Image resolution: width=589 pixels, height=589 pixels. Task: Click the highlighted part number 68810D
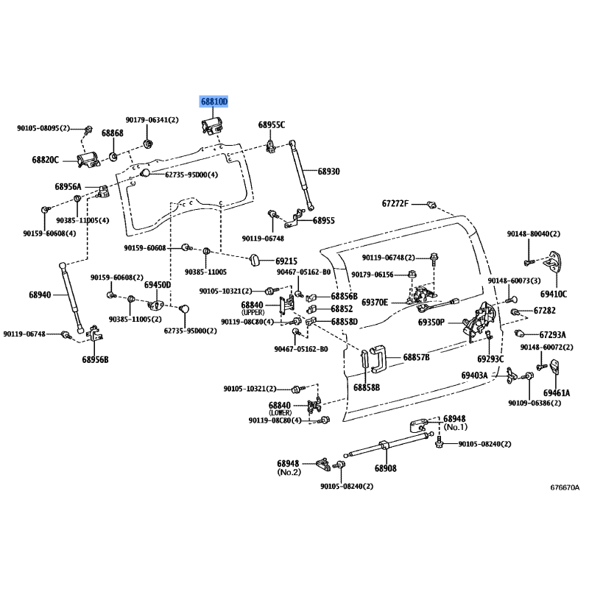point(214,102)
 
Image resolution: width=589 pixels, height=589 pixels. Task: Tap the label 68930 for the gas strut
point(328,172)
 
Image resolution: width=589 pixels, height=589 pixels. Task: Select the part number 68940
point(40,295)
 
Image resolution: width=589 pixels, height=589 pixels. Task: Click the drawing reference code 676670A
point(565,487)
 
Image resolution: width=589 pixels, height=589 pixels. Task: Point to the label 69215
point(286,261)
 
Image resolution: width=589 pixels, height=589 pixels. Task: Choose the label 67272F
point(395,204)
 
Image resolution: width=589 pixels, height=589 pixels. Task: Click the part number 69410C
point(554,294)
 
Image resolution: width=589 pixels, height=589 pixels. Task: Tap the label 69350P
point(431,322)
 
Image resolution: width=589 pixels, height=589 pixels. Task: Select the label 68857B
point(416,357)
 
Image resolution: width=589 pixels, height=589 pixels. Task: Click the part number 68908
point(385,468)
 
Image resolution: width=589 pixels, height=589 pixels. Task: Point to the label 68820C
point(45,160)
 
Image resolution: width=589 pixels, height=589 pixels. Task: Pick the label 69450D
point(158,285)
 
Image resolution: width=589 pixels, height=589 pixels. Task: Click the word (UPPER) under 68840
point(253,312)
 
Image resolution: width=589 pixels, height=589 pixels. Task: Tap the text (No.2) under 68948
point(289,472)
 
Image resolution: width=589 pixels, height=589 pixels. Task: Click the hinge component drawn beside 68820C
point(88,161)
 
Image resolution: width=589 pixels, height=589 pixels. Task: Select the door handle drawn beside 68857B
point(378,359)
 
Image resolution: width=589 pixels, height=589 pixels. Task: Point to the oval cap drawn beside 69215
point(255,260)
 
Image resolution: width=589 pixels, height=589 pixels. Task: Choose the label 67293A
point(553,334)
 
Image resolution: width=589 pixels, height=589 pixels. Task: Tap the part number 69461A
point(557,393)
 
